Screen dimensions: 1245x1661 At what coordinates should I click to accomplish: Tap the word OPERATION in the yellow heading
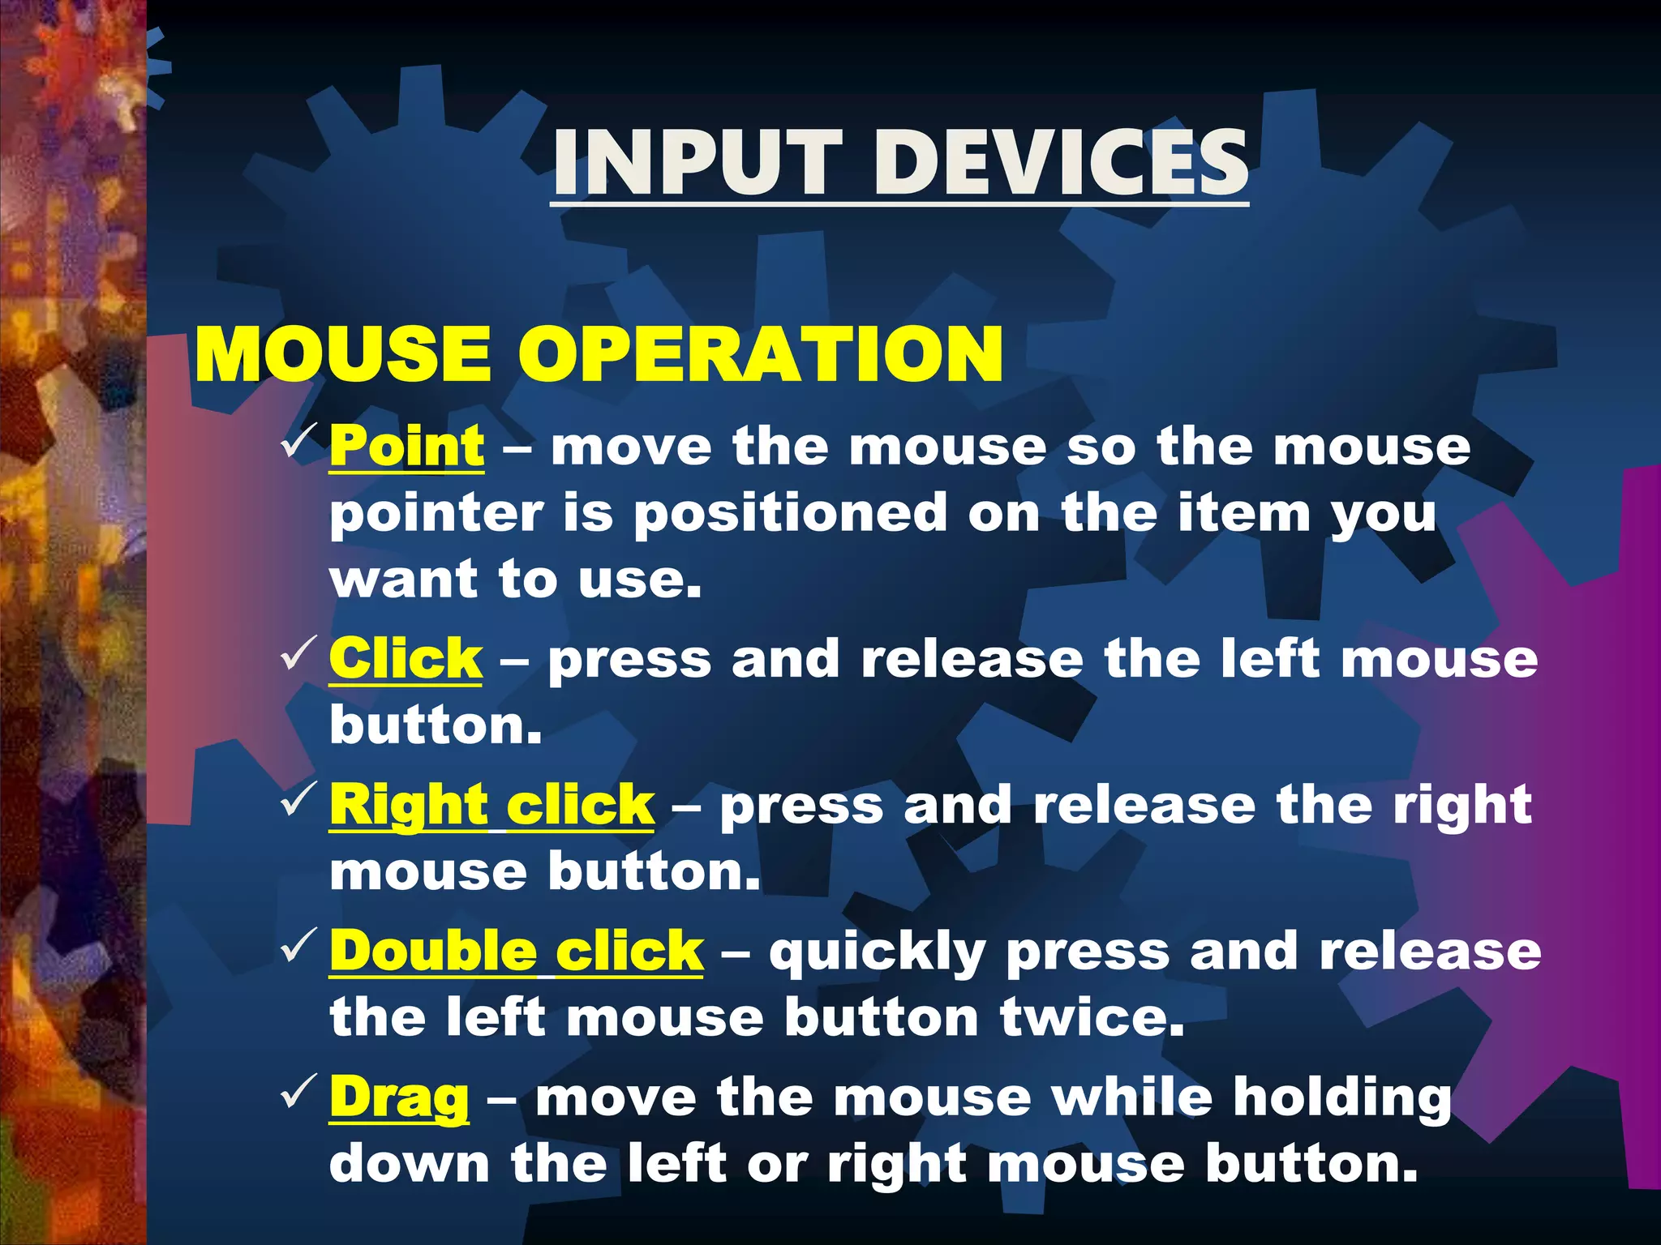tap(761, 354)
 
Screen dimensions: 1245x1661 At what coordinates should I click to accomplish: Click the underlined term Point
tap(407, 447)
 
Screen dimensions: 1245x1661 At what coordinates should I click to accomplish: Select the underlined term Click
tap(406, 658)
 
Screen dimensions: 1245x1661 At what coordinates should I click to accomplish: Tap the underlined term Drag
tap(399, 1098)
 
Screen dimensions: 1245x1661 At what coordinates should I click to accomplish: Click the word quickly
tap(878, 952)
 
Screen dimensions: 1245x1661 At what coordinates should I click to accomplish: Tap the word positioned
tap(790, 514)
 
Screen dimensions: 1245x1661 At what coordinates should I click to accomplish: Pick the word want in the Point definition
tap(403, 580)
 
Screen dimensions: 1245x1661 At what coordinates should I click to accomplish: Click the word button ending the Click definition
tap(435, 725)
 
